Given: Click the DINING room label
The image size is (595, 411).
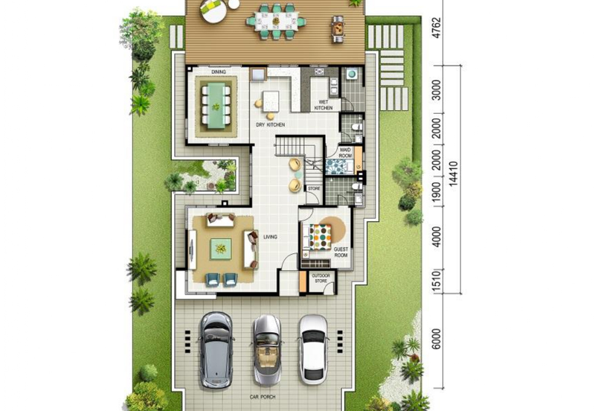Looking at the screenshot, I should (x=218, y=72).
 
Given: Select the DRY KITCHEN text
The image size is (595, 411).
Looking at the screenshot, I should (x=270, y=124).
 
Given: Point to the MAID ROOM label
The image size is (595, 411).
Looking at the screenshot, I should (x=346, y=153).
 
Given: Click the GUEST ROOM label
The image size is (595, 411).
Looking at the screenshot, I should (x=341, y=252).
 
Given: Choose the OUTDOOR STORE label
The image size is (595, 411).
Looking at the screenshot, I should (x=321, y=278).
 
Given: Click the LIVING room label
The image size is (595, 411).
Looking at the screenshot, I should (x=270, y=237).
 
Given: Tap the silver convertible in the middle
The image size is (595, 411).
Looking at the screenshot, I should (x=266, y=348).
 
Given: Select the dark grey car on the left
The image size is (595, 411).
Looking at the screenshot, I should (x=216, y=348).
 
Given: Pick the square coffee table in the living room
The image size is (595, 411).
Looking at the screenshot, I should (x=220, y=249).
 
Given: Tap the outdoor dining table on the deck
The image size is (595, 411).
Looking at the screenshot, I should (x=276, y=22).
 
